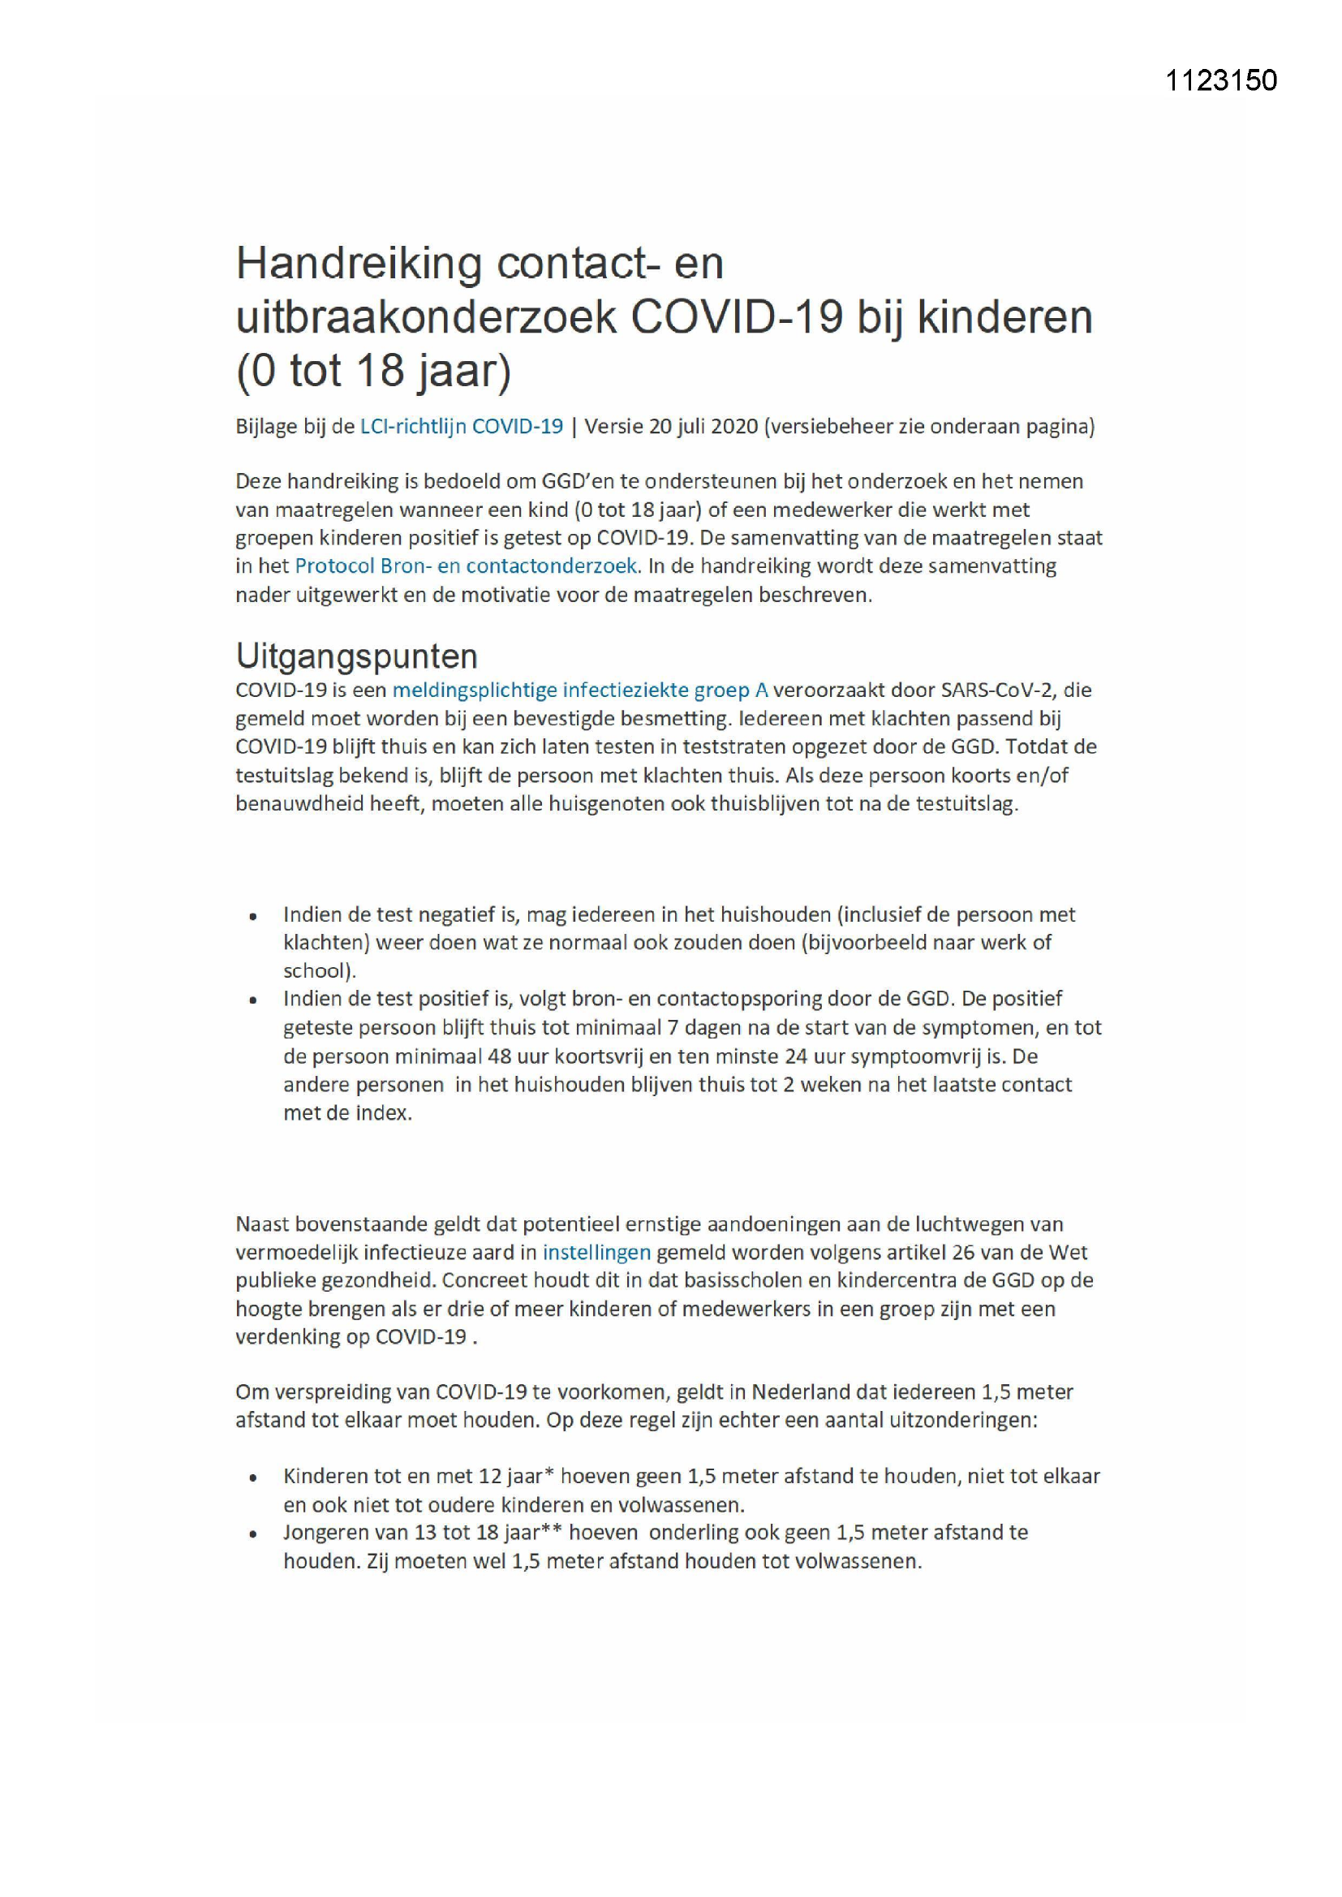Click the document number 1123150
1220,80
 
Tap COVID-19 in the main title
736,317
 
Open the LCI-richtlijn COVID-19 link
461,426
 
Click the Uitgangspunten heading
357,656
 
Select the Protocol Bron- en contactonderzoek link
466,566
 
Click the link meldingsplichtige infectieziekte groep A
580,690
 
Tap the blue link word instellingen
596,1253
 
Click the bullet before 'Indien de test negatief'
254,916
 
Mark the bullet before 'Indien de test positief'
254,1000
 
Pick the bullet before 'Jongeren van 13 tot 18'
254,1534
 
